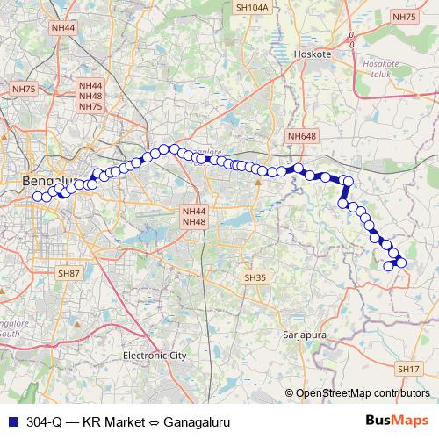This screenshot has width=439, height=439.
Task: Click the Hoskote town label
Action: [x=313, y=54]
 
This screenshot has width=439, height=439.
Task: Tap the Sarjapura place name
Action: [x=304, y=335]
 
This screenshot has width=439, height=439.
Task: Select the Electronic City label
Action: [x=155, y=356]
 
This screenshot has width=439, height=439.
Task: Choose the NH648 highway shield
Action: [x=300, y=136]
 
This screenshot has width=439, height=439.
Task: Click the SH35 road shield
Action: [x=254, y=277]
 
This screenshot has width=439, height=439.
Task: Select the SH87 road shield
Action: [x=68, y=274]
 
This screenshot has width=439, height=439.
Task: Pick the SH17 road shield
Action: [x=408, y=369]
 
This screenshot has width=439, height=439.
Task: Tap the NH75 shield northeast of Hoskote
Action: [x=405, y=17]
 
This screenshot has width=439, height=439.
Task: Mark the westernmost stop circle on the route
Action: [x=37, y=196]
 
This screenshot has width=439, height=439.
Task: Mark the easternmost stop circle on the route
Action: [x=401, y=263]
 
